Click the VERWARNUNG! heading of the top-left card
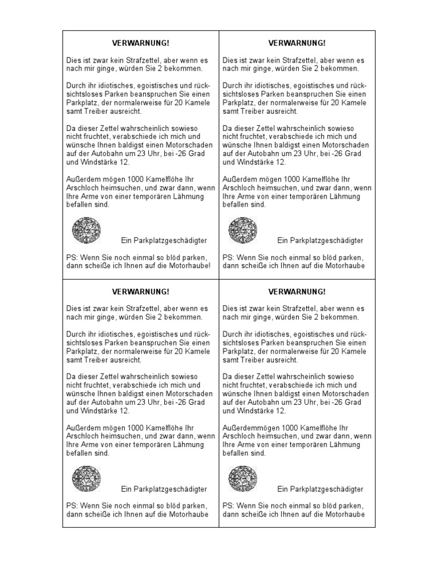[x=141, y=43]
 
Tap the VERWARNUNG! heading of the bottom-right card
[x=297, y=292]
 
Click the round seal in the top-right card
[x=242, y=230]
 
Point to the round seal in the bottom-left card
[x=87, y=478]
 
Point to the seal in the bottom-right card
[x=242, y=478]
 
